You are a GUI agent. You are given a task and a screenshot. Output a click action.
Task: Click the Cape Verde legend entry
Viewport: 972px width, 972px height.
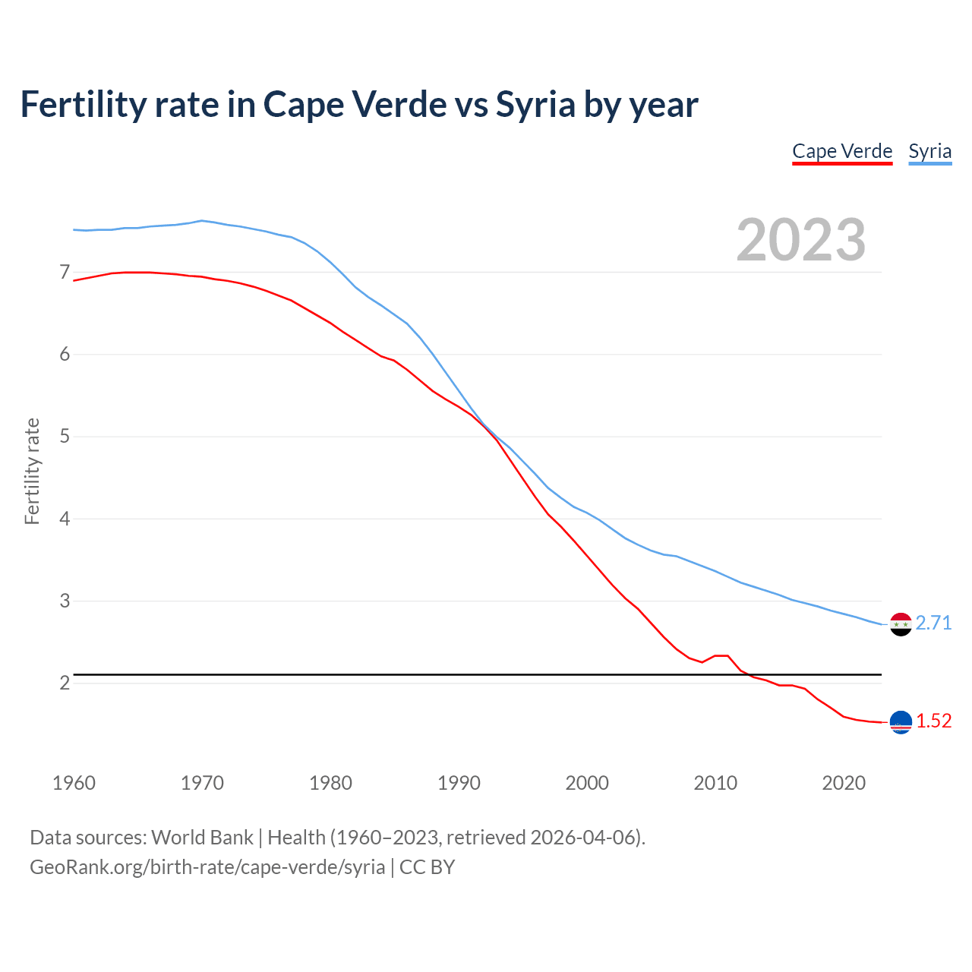(842, 151)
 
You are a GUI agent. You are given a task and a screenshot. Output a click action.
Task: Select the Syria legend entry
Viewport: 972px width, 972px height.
(929, 151)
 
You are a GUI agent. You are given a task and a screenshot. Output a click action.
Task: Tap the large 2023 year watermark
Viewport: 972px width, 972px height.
(800, 240)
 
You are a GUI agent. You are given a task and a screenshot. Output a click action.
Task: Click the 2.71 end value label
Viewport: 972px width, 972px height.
(933, 623)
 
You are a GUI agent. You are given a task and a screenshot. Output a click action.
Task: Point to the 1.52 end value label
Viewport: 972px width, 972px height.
(933, 721)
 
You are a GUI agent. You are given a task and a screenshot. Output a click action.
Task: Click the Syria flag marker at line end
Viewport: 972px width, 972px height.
(900, 624)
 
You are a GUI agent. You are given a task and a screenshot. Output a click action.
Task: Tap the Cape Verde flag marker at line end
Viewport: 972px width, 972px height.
(900, 722)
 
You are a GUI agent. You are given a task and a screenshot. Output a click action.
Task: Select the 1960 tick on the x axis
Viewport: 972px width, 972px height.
(74, 783)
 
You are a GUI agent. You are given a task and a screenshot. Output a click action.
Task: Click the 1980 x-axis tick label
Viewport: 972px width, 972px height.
(330, 783)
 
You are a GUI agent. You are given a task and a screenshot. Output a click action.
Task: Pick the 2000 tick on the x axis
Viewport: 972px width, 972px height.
(587, 783)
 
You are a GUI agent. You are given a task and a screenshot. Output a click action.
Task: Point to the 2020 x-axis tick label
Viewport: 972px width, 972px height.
(844, 783)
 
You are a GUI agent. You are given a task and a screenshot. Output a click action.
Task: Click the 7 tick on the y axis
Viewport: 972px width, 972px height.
(64, 272)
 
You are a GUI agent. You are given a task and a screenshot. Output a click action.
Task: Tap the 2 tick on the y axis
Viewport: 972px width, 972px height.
(64, 683)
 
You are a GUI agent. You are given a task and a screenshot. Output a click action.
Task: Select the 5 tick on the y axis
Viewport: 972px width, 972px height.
(64, 436)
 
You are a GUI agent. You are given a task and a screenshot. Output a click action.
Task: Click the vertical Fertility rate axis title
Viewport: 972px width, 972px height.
(32, 471)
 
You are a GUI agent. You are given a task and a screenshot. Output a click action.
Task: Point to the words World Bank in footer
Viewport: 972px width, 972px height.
(202, 838)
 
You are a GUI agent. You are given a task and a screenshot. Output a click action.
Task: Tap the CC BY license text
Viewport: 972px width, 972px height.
(427, 867)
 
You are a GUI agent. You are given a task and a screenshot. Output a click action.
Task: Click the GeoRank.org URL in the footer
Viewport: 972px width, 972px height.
(207, 867)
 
